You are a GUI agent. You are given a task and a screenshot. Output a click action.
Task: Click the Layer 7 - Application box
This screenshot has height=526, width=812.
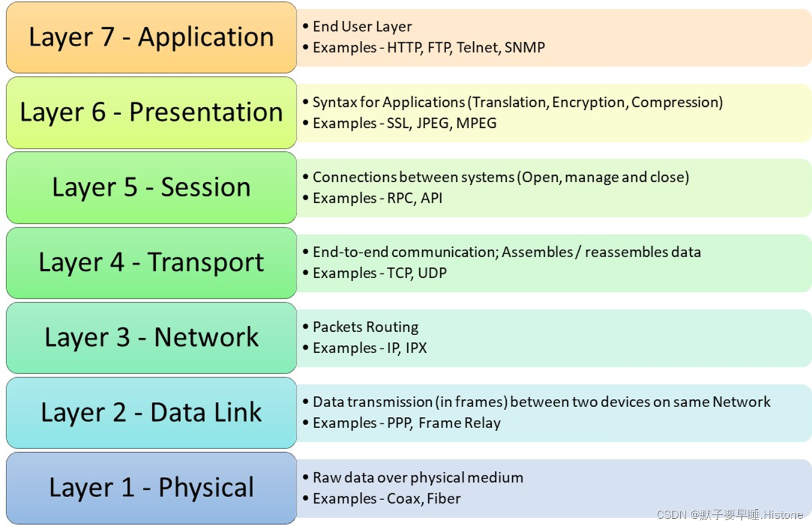(x=151, y=37)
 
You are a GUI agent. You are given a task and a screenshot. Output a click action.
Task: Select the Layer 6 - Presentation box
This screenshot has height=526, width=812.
(x=151, y=112)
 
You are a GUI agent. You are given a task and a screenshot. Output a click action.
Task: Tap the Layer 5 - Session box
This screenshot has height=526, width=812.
(x=151, y=187)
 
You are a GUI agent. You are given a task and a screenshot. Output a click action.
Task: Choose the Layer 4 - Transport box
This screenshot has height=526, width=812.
(x=151, y=262)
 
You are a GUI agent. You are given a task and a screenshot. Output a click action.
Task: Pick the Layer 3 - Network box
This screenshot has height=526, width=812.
(x=151, y=337)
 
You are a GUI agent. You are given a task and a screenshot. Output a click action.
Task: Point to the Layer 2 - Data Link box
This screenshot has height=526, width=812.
(x=151, y=413)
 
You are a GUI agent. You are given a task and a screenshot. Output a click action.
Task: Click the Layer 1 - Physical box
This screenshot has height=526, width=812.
(x=151, y=488)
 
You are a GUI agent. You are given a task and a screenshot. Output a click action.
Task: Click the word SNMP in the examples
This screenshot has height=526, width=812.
(x=525, y=47)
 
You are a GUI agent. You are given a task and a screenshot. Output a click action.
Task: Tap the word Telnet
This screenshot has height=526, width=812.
(x=477, y=47)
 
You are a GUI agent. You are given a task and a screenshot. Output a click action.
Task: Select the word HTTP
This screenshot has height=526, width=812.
(x=404, y=47)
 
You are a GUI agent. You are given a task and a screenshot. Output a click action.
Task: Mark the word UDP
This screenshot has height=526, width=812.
(x=432, y=273)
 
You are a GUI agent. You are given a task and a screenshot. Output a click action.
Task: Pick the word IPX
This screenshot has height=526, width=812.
(x=416, y=348)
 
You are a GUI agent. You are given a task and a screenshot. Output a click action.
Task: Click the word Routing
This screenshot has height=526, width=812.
(x=392, y=327)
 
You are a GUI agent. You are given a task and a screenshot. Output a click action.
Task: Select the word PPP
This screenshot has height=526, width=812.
(x=399, y=423)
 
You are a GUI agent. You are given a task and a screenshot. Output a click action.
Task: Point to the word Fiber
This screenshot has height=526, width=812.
(x=444, y=498)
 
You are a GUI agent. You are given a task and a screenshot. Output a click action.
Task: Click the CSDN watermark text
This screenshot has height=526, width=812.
(x=730, y=515)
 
